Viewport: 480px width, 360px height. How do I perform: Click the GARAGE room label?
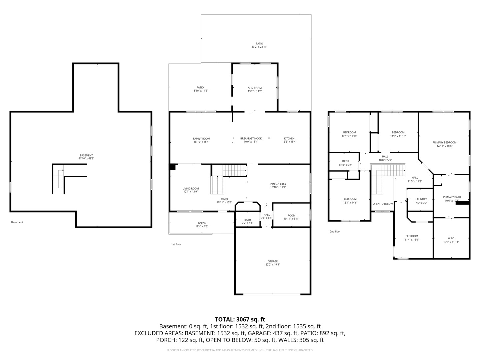tap(272, 261)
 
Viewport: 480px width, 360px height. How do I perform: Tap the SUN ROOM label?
tap(255, 88)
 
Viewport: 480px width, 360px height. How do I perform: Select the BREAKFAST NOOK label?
tap(251, 138)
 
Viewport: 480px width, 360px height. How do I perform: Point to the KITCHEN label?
tap(289, 138)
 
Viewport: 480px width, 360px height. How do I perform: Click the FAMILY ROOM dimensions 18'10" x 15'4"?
tap(201, 142)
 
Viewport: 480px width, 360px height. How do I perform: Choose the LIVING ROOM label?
tap(190, 189)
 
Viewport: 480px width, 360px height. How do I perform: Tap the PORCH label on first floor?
tap(202, 223)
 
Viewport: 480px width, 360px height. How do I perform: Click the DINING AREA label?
tap(278, 184)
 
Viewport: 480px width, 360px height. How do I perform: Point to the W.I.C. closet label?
tap(451, 238)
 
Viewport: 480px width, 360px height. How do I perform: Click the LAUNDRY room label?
tap(421, 199)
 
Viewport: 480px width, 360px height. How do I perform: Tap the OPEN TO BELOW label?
tap(382, 204)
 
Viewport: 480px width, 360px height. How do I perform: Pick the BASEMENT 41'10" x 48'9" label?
tap(86, 155)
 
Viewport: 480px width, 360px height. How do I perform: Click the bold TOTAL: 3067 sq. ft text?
tap(240, 319)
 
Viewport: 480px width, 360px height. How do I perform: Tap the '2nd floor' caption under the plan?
tap(335, 231)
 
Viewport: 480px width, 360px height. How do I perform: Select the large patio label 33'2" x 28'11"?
tap(259, 47)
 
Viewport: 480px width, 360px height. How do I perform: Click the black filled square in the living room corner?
tap(172, 167)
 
